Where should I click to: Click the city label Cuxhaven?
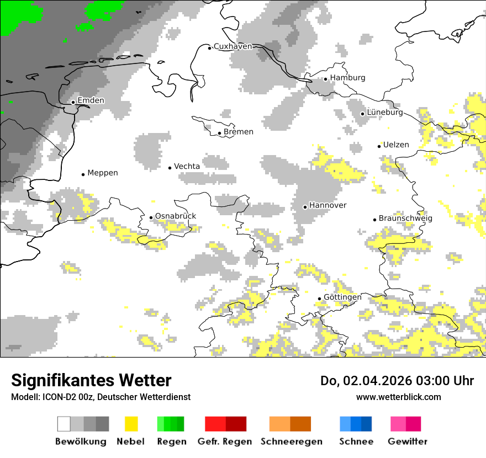[233, 46]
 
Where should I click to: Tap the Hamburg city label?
[347, 78]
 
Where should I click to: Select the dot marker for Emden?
[73, 102]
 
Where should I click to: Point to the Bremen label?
[239, 132]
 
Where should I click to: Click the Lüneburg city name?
[385, 113]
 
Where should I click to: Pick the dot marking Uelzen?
[379, 146]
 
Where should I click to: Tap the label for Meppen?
[103, 173]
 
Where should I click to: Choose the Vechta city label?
[187, 167]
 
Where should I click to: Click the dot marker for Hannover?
[305, 207]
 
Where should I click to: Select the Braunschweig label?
[405, 219]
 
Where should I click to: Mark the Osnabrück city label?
[176, 216]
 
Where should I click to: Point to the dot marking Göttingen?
[319, 299]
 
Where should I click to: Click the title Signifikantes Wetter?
[91, 381]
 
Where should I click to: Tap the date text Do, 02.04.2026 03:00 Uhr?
[397, 381]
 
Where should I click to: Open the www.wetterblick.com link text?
[399, 397]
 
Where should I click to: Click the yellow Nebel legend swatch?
[131, 424]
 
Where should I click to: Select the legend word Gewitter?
[408, 441]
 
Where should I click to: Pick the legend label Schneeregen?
[292, 441]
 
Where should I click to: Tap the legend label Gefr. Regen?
[225, 441]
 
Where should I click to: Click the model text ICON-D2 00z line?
[101, 397]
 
